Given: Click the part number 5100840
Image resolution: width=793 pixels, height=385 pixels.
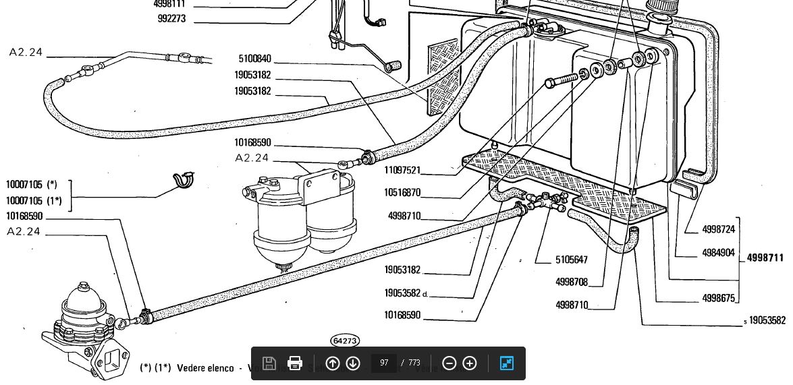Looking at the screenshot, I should click(254, 59).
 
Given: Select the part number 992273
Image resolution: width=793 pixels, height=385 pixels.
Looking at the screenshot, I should click(171, 19).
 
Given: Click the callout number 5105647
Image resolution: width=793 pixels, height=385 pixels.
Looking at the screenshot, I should click(571, 260).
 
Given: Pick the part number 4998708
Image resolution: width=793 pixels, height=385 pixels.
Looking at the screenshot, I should click(571, 283).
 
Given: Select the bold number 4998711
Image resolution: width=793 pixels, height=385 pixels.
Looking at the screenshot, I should click(765, 258).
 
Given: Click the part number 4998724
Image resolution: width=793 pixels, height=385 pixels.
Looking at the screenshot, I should click(718, 230).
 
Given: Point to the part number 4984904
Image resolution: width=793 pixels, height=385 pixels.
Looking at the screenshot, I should click(718, 254).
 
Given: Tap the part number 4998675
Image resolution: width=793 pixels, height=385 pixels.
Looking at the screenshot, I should click(718, 298).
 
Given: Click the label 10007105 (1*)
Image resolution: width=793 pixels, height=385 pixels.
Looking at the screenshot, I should click(34, 201).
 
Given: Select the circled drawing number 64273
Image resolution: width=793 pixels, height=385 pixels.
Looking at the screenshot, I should click(345, 341).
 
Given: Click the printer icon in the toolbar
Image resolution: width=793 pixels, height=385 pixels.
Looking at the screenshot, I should click(294, 363).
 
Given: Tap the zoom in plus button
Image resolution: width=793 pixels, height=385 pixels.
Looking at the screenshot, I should click(470, 363).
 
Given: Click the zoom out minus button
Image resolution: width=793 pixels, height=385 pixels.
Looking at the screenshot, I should click(449, 363).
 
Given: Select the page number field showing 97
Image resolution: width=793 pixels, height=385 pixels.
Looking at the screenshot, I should click(384, 363).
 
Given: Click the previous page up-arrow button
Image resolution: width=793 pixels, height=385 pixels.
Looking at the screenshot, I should click(332, 363).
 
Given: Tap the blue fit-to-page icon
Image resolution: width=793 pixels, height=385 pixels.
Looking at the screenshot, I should click(507, 363).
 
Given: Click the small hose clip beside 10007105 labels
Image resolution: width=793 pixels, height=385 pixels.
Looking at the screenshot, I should click(184, 181).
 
